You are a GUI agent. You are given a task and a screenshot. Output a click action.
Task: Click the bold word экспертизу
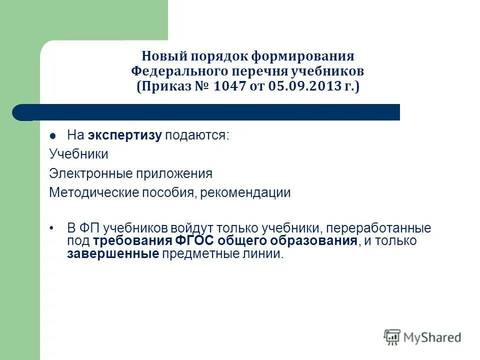pyautogui.click(x=125, y=135)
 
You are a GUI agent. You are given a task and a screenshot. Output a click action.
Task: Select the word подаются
pyautogui.click(x=197, y=135)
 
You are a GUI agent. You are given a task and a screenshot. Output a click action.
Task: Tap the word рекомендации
pyautogui.click(x=245, y=193)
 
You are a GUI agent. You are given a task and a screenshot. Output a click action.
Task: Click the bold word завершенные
pyautogui.click(x=113, y=254)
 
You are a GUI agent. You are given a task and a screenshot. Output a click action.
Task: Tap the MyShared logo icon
pyautogui.click(x=392, y=337)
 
